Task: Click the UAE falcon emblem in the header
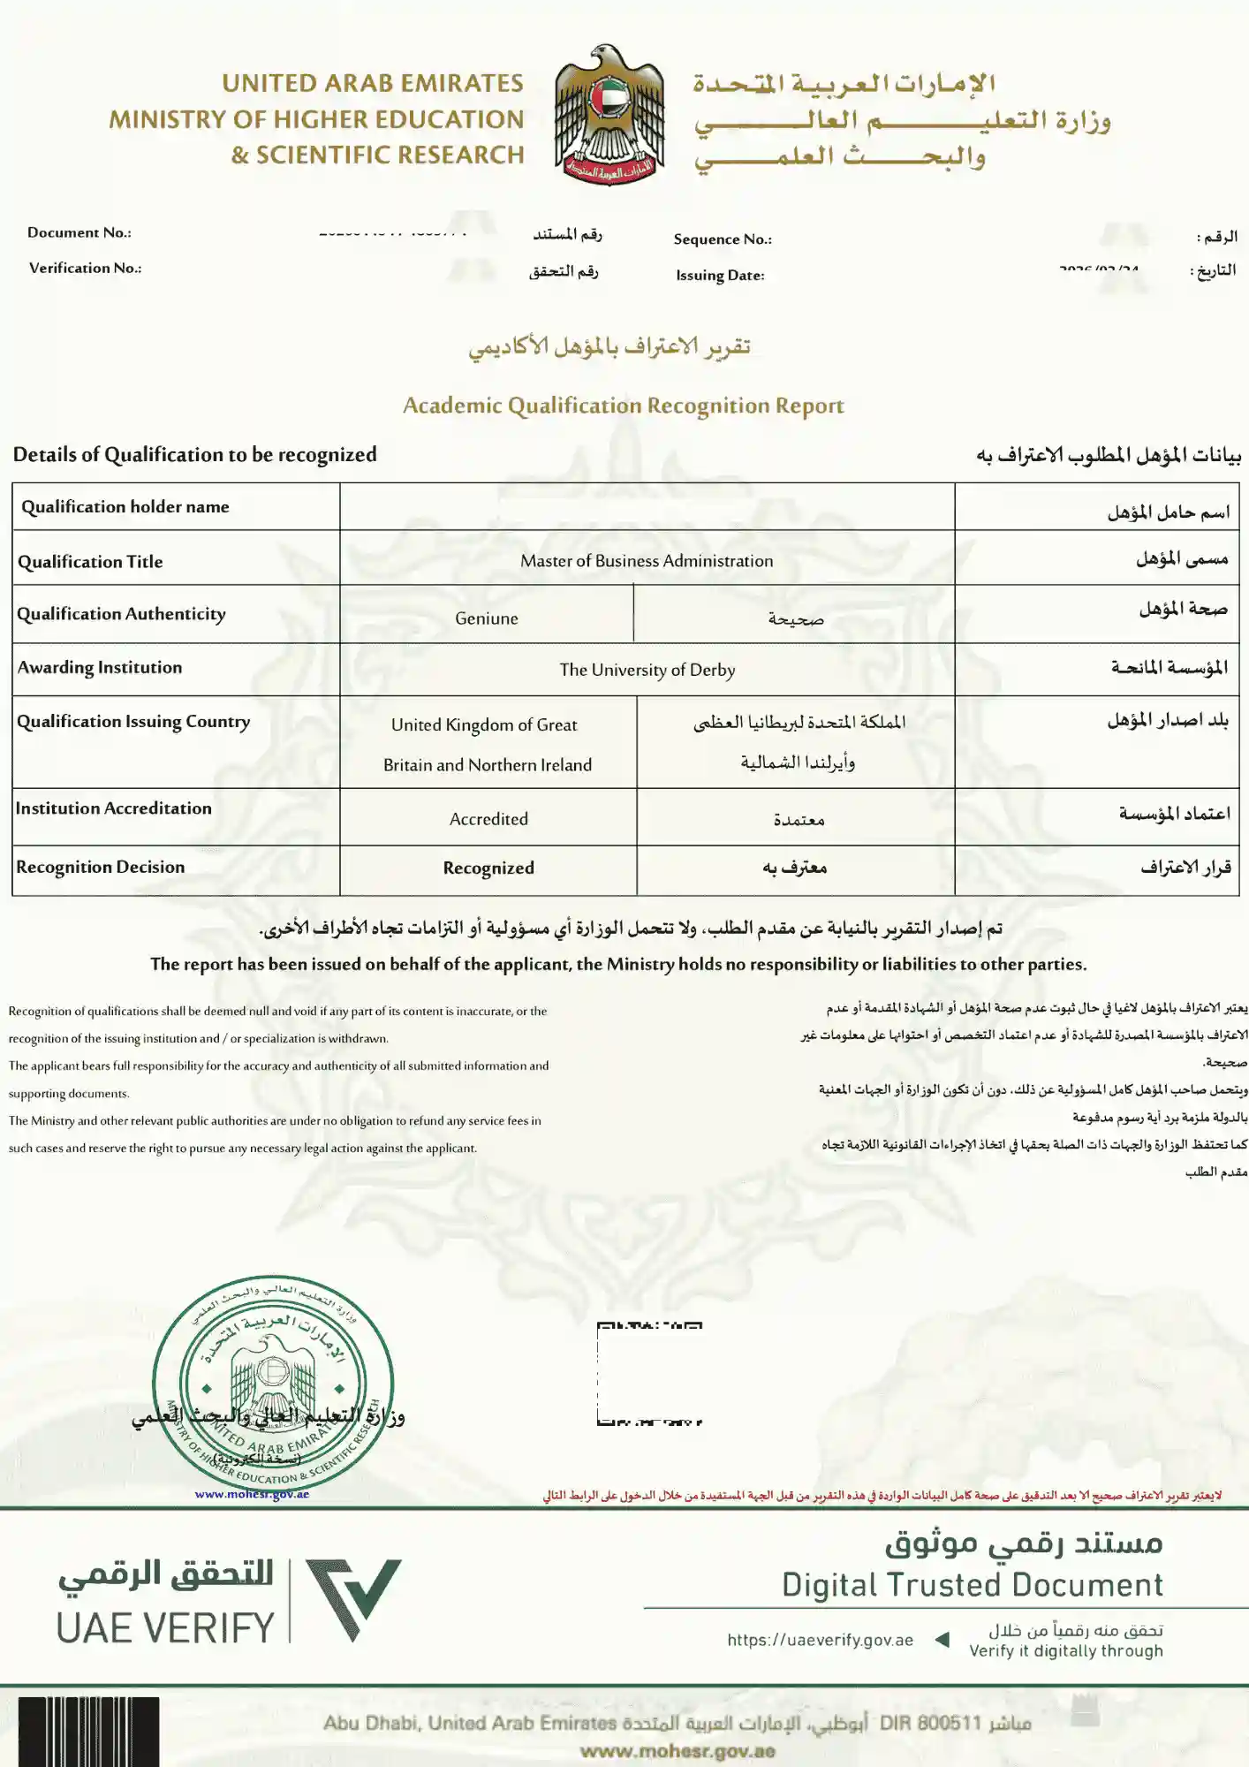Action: pos(609,115)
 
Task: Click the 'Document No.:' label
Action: pos(79,232)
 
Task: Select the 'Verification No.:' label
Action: pos(85,268)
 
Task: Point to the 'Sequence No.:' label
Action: pos(723,239)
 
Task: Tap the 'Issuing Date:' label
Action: pos(720,276)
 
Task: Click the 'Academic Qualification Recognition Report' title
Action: pos(624,406)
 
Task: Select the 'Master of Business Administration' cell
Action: pos(647,561)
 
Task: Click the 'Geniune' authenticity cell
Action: pos(487,618)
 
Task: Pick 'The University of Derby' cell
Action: pos(647,670)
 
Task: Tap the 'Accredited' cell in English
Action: pos(488,819)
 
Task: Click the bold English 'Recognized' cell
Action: pos(488,868)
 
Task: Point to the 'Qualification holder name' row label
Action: pos(125,507)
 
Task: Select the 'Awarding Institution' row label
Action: pos(100,668)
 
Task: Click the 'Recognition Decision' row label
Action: pos(101,868)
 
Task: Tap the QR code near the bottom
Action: pos(649,1373)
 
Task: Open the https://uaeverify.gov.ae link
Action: pos(820,1640)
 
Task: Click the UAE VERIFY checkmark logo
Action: pos(353,1599)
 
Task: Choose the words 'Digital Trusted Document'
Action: pos(972,1585)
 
